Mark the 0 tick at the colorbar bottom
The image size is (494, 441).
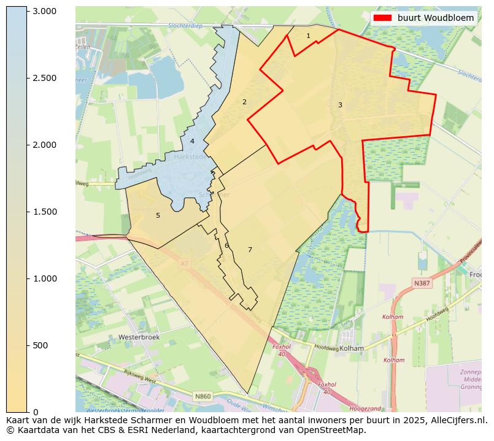(35, 412)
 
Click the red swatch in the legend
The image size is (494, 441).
(382, 18)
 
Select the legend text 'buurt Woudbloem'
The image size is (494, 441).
(435, 18)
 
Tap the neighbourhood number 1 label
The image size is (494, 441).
(308, 36)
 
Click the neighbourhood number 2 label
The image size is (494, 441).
(244, 102)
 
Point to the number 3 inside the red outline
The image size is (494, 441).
(340, 105)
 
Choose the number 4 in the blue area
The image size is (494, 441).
(192, 142)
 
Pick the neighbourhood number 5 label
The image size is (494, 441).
(158, 216)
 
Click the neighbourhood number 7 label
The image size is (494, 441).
(250, 250)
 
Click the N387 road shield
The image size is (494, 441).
(422, 283)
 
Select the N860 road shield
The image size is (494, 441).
(203, 397)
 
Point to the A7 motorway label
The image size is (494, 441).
(184, 264)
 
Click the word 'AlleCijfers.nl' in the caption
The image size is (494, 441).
(456, 421)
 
